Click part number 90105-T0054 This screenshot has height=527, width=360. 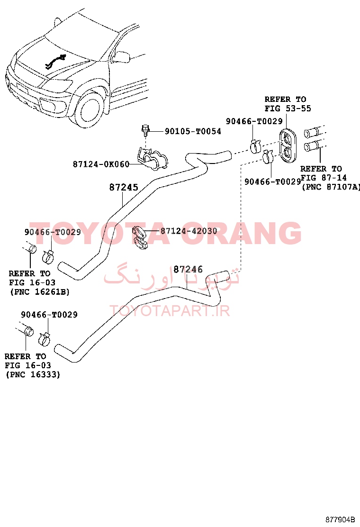click(x=193, y=131)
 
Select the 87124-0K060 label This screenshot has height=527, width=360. click(x=101, y=164)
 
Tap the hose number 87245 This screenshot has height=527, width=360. click(x=124, y=187)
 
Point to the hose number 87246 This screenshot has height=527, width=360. click(x=188, y=269)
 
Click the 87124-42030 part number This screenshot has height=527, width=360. click(x=189, y=231)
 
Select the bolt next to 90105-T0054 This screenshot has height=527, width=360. click(x=145, y=130)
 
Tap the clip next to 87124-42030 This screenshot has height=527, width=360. click(x=140, y=237)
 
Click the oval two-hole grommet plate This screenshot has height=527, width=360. click(x=288, y=145)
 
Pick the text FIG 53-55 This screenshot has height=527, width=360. click(x=288, y=108)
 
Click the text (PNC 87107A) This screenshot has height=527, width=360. click(x=331, y=187)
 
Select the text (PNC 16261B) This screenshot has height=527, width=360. click(x=40, y=292)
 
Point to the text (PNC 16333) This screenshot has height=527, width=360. click(x=33, y=374)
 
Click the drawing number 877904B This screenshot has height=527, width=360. click(x=340, y=519)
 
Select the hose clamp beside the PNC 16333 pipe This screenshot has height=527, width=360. click(x=45, y=339)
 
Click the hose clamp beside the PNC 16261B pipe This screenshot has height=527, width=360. click(x=48, y=257)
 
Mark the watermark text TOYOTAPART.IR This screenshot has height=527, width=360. click(x=170, y=311)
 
